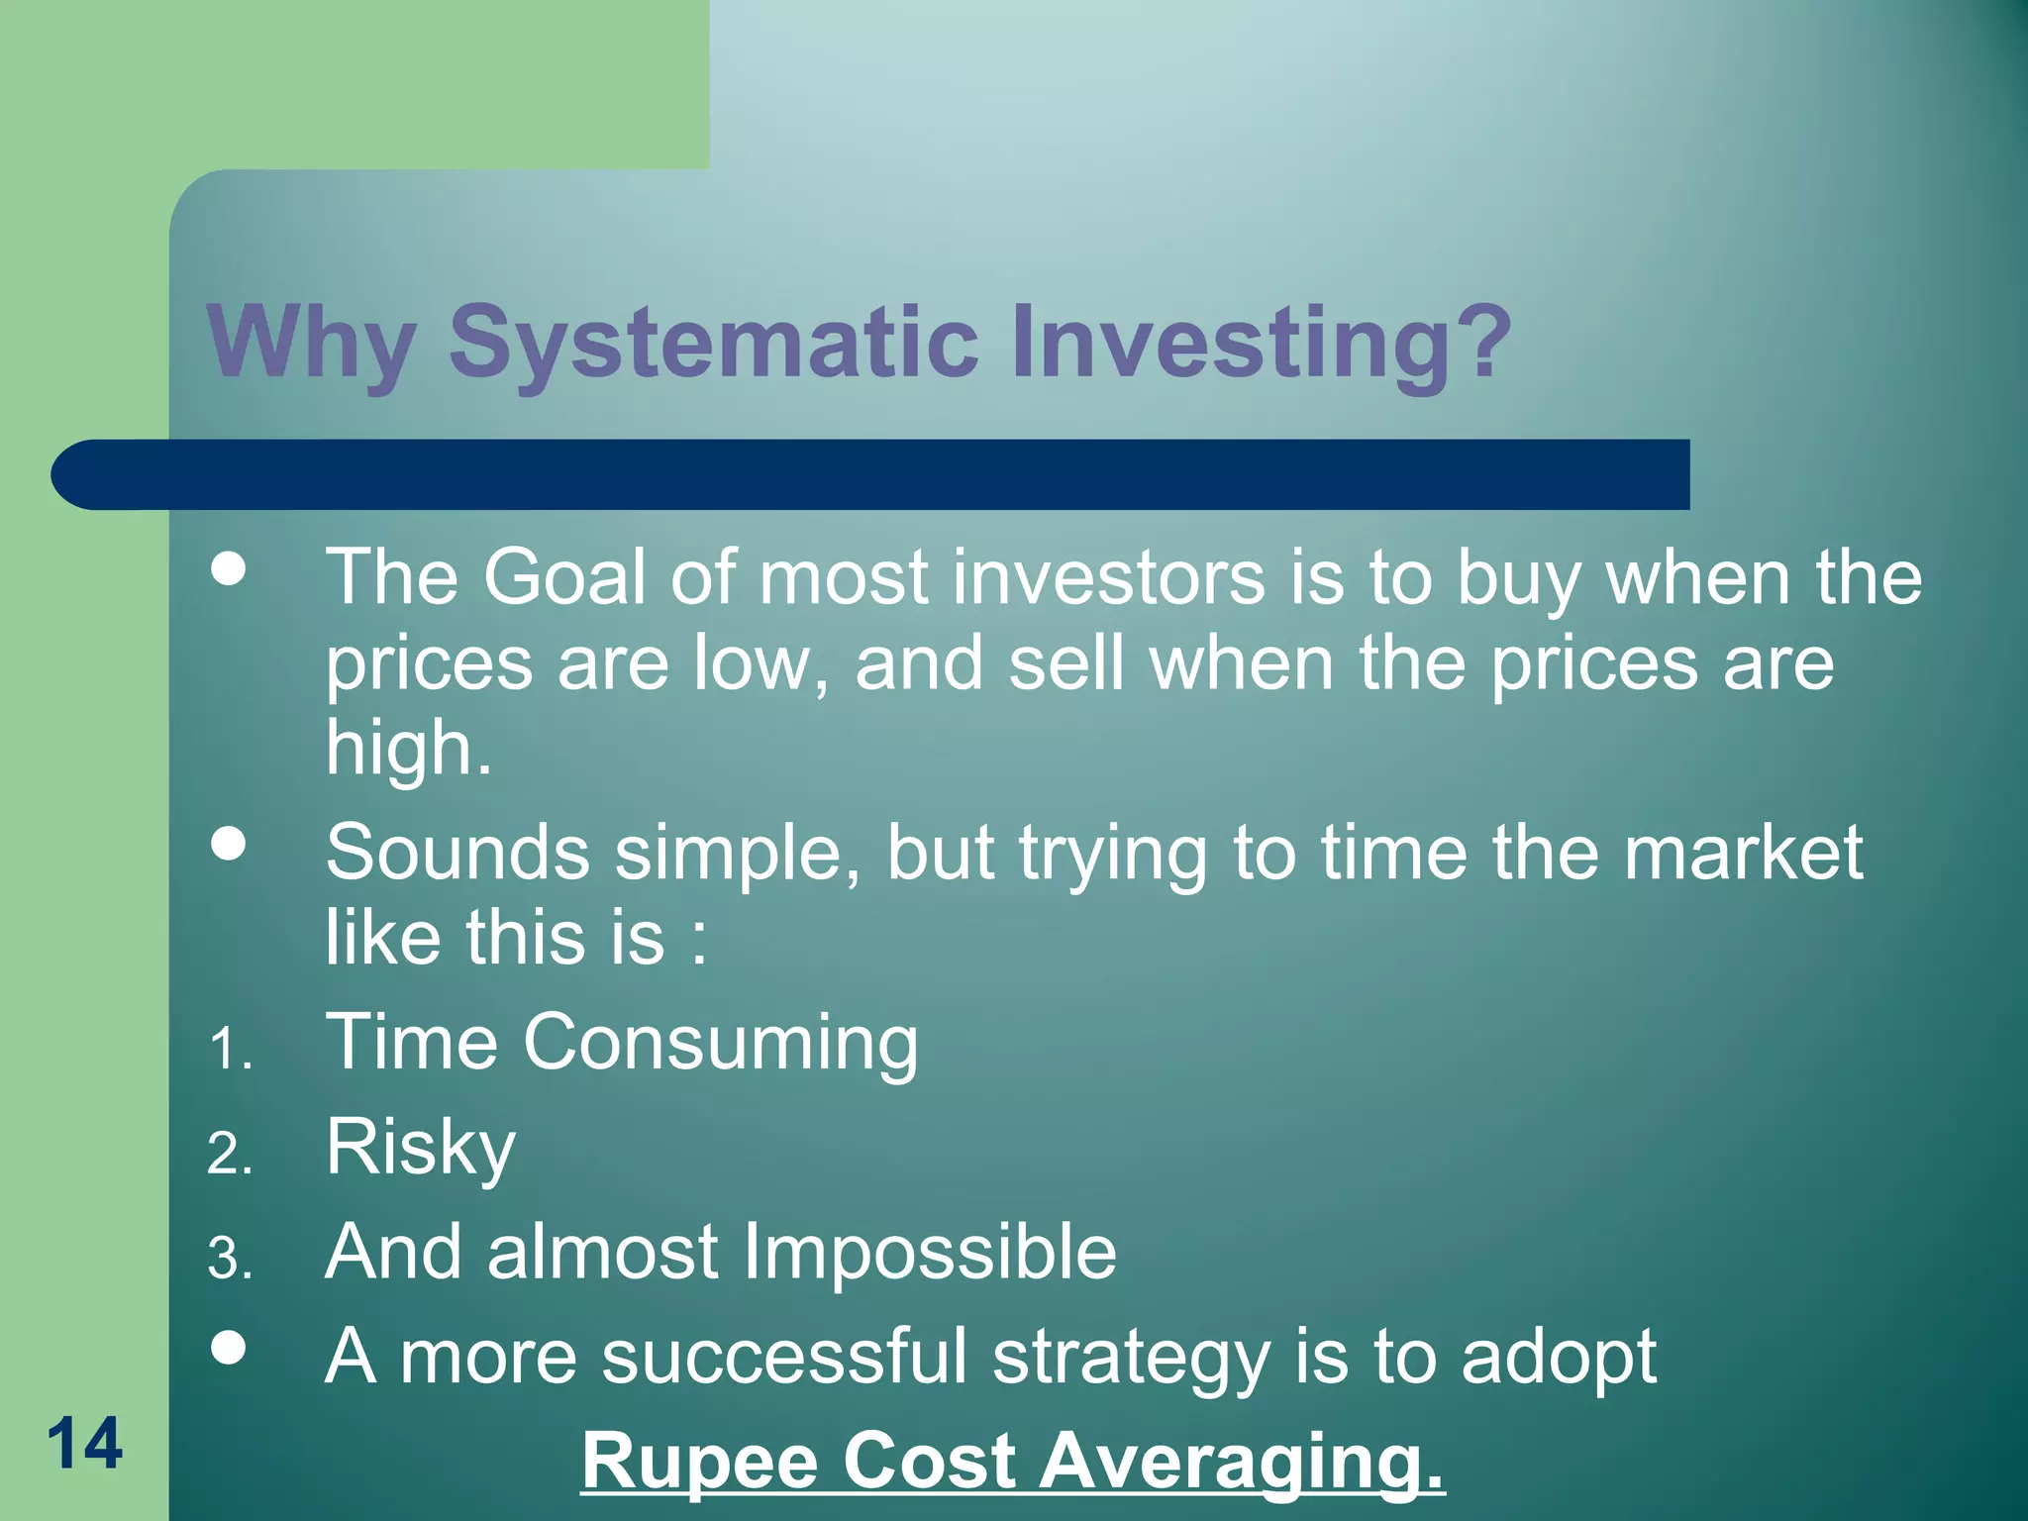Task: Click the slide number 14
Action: tap(85, 1444)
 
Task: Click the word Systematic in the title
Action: tap(713, 343)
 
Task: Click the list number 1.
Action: tap(230, 1050)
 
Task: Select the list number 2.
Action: tap(230, 1155)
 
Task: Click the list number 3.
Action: tap(230, 1260)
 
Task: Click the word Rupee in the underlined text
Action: tap(699, 1462)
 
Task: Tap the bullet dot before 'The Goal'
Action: tap(229, 569)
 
